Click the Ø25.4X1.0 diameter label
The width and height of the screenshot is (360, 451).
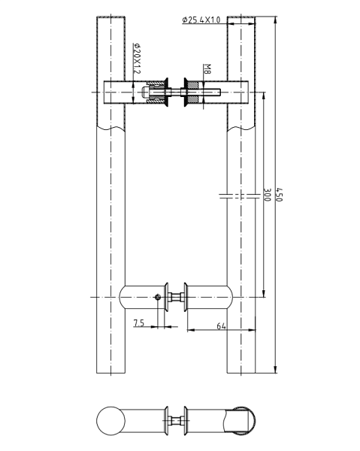click(x=201, y=20)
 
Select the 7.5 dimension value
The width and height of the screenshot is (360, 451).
click(x=139, y=323)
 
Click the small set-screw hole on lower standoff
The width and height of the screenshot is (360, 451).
click(x=159, y=298)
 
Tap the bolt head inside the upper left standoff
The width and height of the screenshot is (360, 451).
click(x=146, y=95)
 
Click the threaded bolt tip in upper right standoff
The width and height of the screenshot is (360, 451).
click(x=215, y=94)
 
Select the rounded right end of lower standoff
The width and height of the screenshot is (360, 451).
click(x=229, y=298)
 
